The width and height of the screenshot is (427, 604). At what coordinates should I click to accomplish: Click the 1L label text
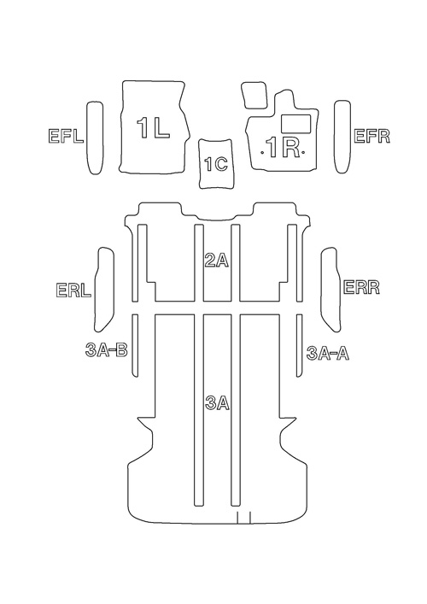(x=153, y=128)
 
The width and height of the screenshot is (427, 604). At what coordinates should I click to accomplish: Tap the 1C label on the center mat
(x=216, y=165)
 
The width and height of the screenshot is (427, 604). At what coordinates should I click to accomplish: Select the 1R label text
(x=284, y=149)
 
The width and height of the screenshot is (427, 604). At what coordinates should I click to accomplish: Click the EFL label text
(x=66, y=137)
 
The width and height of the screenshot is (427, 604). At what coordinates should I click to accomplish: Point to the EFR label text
(x=371, y=137)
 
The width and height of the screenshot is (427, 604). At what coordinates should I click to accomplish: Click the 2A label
(x=217, y=261)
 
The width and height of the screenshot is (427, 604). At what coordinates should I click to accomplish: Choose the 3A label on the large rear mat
(x=218, y=403)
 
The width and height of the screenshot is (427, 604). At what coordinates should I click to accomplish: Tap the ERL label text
(x=73, y=290)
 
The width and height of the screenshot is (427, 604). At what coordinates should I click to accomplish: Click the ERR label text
(x=361, y=287)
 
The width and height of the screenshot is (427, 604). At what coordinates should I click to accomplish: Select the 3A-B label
(x=106, y=350)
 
